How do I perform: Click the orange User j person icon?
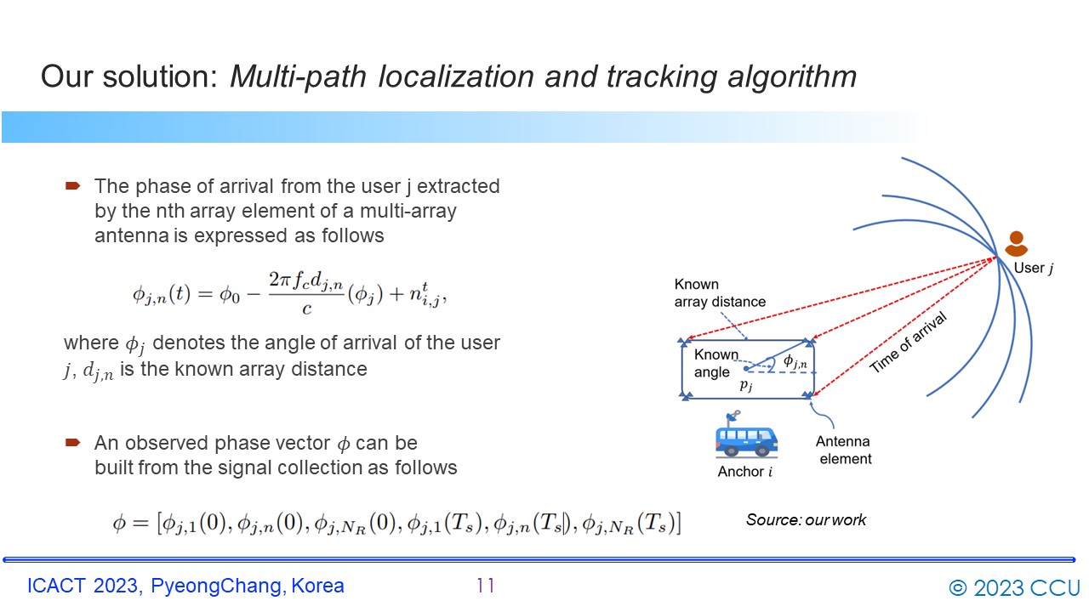click(x=1016, y=244)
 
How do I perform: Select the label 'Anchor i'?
click(x=744, y=472)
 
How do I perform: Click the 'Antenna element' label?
click(x=844, y=450)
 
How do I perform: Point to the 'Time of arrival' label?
click(x=908, y=343)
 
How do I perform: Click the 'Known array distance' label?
click(x=720, y=293)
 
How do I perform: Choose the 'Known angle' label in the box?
click(x=715, y=363)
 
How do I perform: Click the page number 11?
click(x=485, y=586)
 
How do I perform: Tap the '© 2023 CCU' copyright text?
click(x=1014, y=587)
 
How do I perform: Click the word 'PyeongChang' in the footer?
click(x=216, y=586)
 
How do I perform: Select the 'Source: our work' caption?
click(x=806, y=520)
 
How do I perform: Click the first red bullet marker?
click(x=72, y=185)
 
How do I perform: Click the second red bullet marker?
click(x=72, y=443)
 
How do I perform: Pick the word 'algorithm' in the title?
click(x=792, y=76)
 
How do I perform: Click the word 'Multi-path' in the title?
click(x=298, y=76)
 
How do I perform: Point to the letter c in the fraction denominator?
click(x=307, y=309)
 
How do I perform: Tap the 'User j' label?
click(x=1033, y=268)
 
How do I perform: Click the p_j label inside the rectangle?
click(x=746, y=385)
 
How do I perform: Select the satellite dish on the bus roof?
click(x=733, y=416)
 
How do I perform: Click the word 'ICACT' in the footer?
click(x=56, y=586)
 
